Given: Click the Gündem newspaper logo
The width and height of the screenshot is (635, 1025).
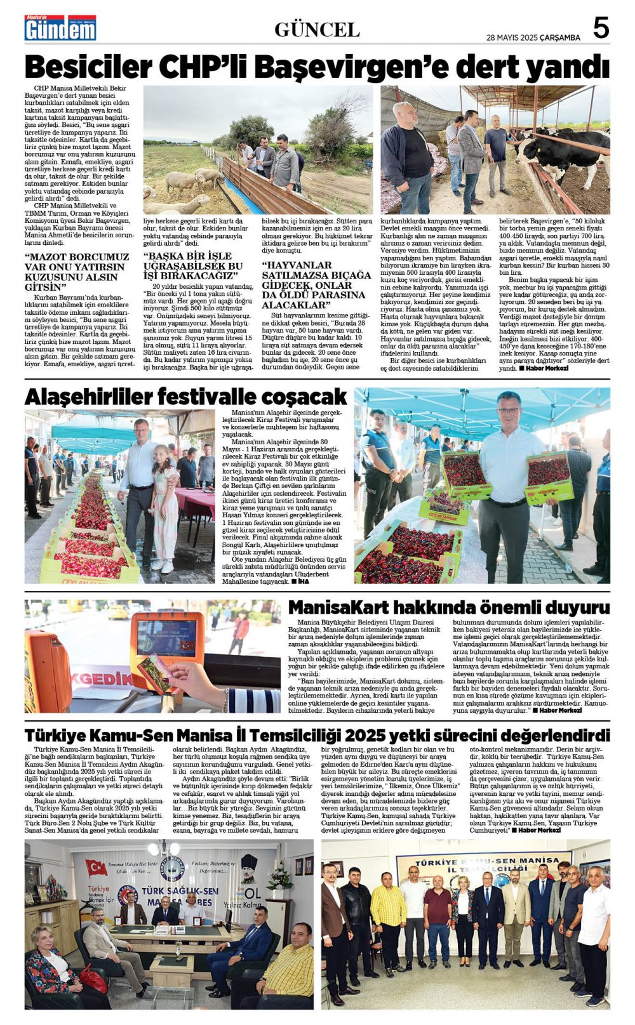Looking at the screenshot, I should (x=60, y=29).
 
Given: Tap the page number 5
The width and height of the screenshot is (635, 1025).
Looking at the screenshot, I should (x=601, y=28).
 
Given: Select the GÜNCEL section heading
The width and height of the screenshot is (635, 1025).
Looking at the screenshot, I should (x=317, y=30).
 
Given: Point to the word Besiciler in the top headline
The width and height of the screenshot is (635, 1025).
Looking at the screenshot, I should (x=88, y=66).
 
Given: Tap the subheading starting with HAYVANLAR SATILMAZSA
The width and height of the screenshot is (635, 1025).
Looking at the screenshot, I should (x=316, y=285).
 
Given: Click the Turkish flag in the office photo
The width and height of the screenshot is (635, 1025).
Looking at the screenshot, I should (x=97, y=867).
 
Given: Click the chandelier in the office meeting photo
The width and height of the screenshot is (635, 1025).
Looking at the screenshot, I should (x=164, y=849).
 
